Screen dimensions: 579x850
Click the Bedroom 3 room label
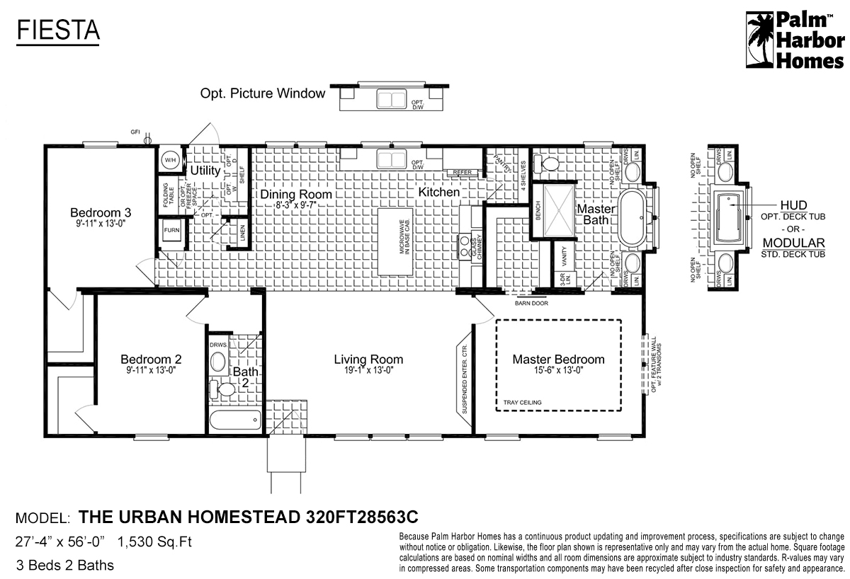[x=100, y=212]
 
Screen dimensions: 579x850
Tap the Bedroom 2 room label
[x=151, y=359]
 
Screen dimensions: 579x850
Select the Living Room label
[x=368, y=360]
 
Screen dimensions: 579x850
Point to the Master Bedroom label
[x=558, y=360]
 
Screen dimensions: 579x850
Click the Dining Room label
[x=295, y=194]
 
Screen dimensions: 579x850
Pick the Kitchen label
[x=438, y=192]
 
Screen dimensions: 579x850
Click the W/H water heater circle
[x=170, y=161]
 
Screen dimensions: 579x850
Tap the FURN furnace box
[x=171, y=231]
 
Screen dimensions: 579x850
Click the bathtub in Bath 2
[x=234, y=420]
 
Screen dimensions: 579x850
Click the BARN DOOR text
[x=531, y=303]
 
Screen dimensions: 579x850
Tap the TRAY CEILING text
[x=523, y=403]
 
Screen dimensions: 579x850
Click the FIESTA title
[x=58, y=30]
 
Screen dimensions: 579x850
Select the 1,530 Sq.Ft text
[x=155, y=542]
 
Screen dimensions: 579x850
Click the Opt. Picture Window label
[x=263, y=93]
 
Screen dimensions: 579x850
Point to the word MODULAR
[x=793, y=243]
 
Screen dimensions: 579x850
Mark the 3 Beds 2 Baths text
[x=64, y=565]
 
